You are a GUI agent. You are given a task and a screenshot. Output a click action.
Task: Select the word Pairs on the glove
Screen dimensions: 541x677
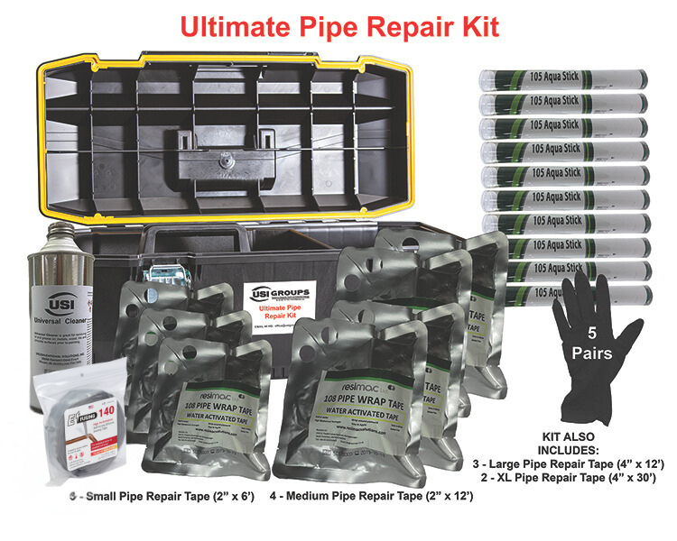592,353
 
